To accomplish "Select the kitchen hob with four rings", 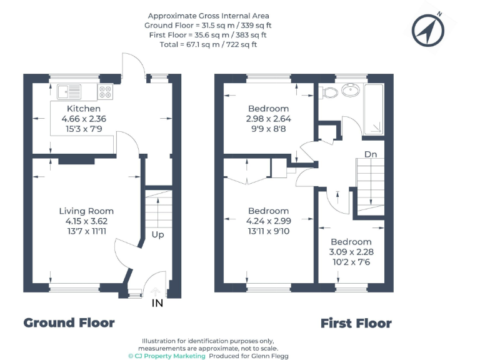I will (105, 92).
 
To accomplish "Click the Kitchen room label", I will (79, 109).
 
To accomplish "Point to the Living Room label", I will (86, 211).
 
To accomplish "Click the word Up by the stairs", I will (158, 235).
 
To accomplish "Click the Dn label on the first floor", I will (371, 154).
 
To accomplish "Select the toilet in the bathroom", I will (329, 92).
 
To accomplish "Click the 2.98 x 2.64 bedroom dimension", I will (268, 119).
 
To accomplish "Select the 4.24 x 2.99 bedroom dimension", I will (268, 221).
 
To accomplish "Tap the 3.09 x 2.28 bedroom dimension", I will (351, 252).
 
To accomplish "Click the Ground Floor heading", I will (69, 322).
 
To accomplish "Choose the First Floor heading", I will (356, 323).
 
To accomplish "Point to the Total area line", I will (209, 44).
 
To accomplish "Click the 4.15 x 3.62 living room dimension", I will (86, 221).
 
